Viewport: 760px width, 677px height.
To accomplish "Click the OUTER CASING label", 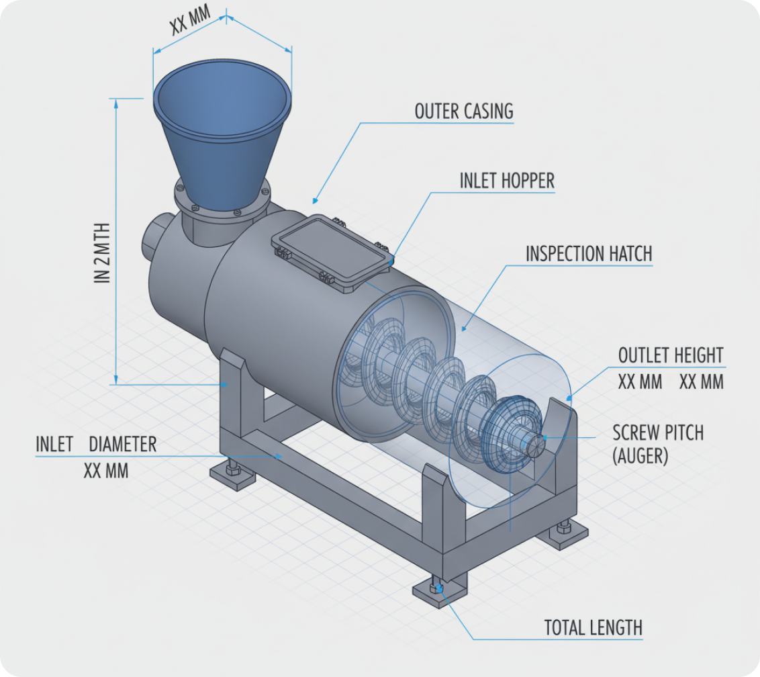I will tap(463, 111).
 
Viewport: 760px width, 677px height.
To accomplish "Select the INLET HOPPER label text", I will tap(507, 181).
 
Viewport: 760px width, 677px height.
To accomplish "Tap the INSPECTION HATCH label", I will tap(588, 254).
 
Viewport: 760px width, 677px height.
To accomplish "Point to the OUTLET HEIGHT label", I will tap(670, 355).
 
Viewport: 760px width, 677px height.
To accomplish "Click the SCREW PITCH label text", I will tap(658, 433).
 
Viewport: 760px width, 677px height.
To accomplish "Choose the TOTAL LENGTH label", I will tap(593, 628).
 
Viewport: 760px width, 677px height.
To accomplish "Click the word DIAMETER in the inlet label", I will tap(123, 444).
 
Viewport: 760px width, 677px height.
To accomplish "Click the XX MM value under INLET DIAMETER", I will tap(105, 470).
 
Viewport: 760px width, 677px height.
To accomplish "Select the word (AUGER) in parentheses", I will tap(640, 457).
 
